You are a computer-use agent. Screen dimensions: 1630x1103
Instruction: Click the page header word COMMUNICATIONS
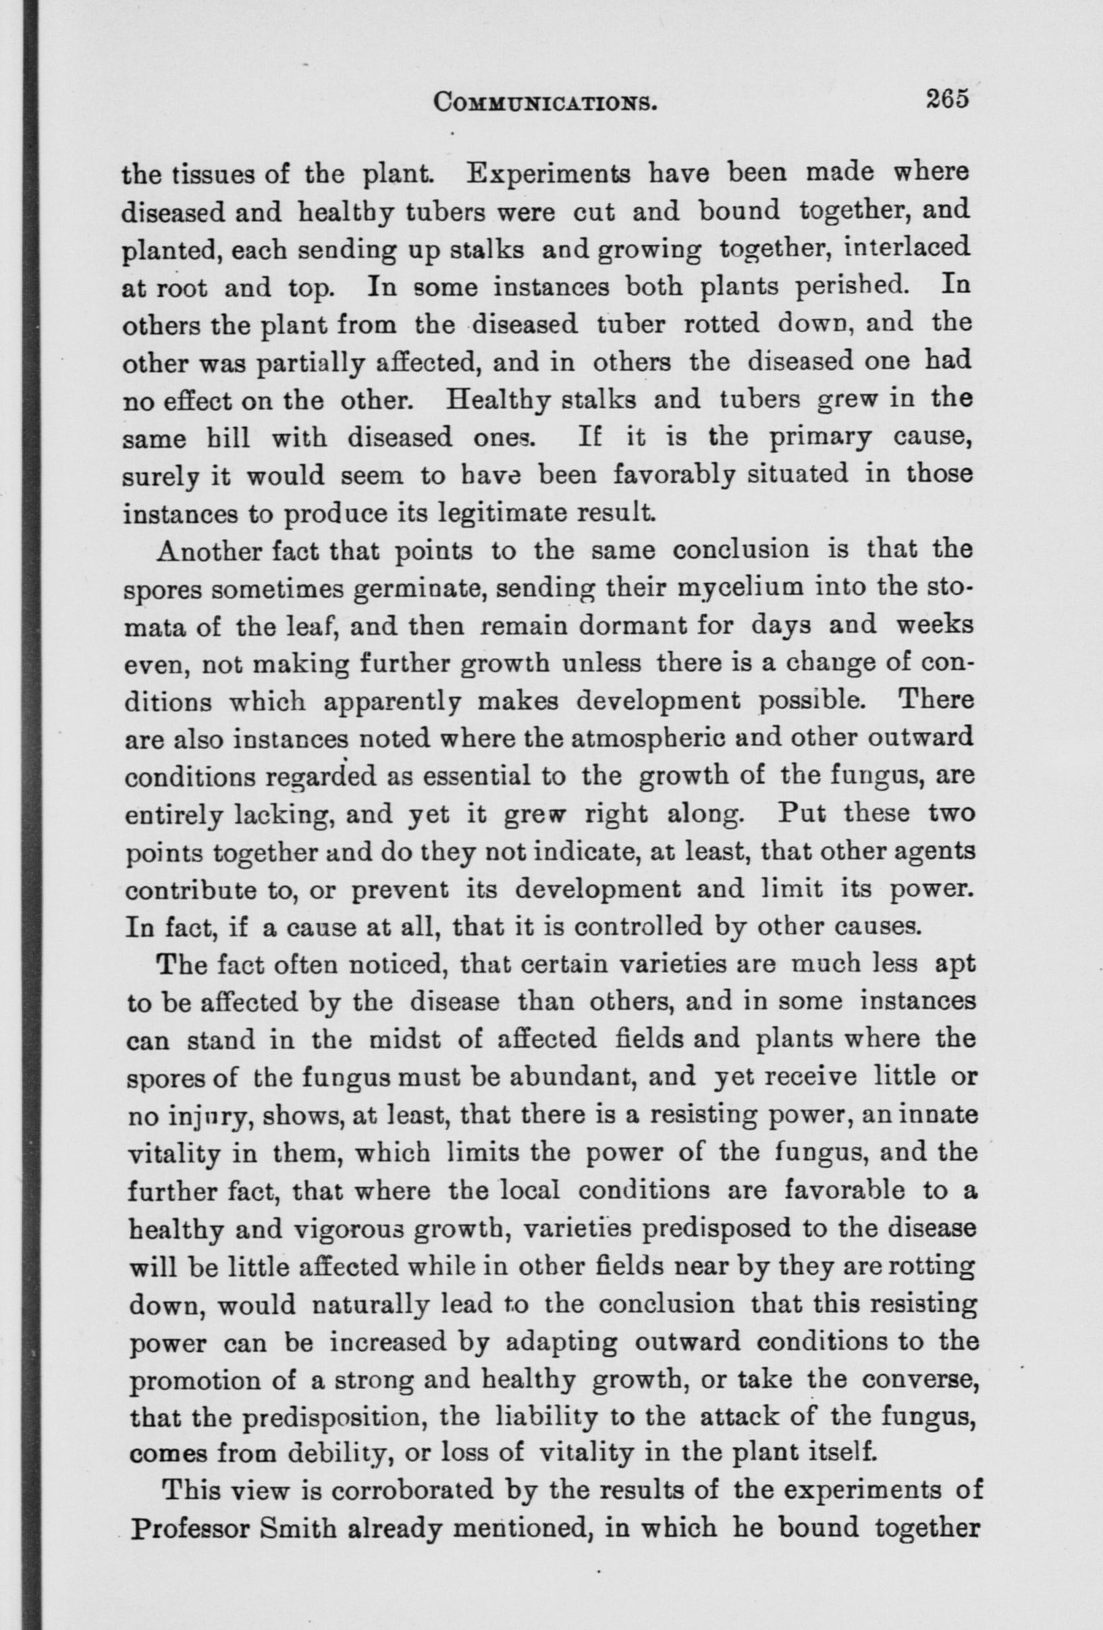[x=545, y=102]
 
